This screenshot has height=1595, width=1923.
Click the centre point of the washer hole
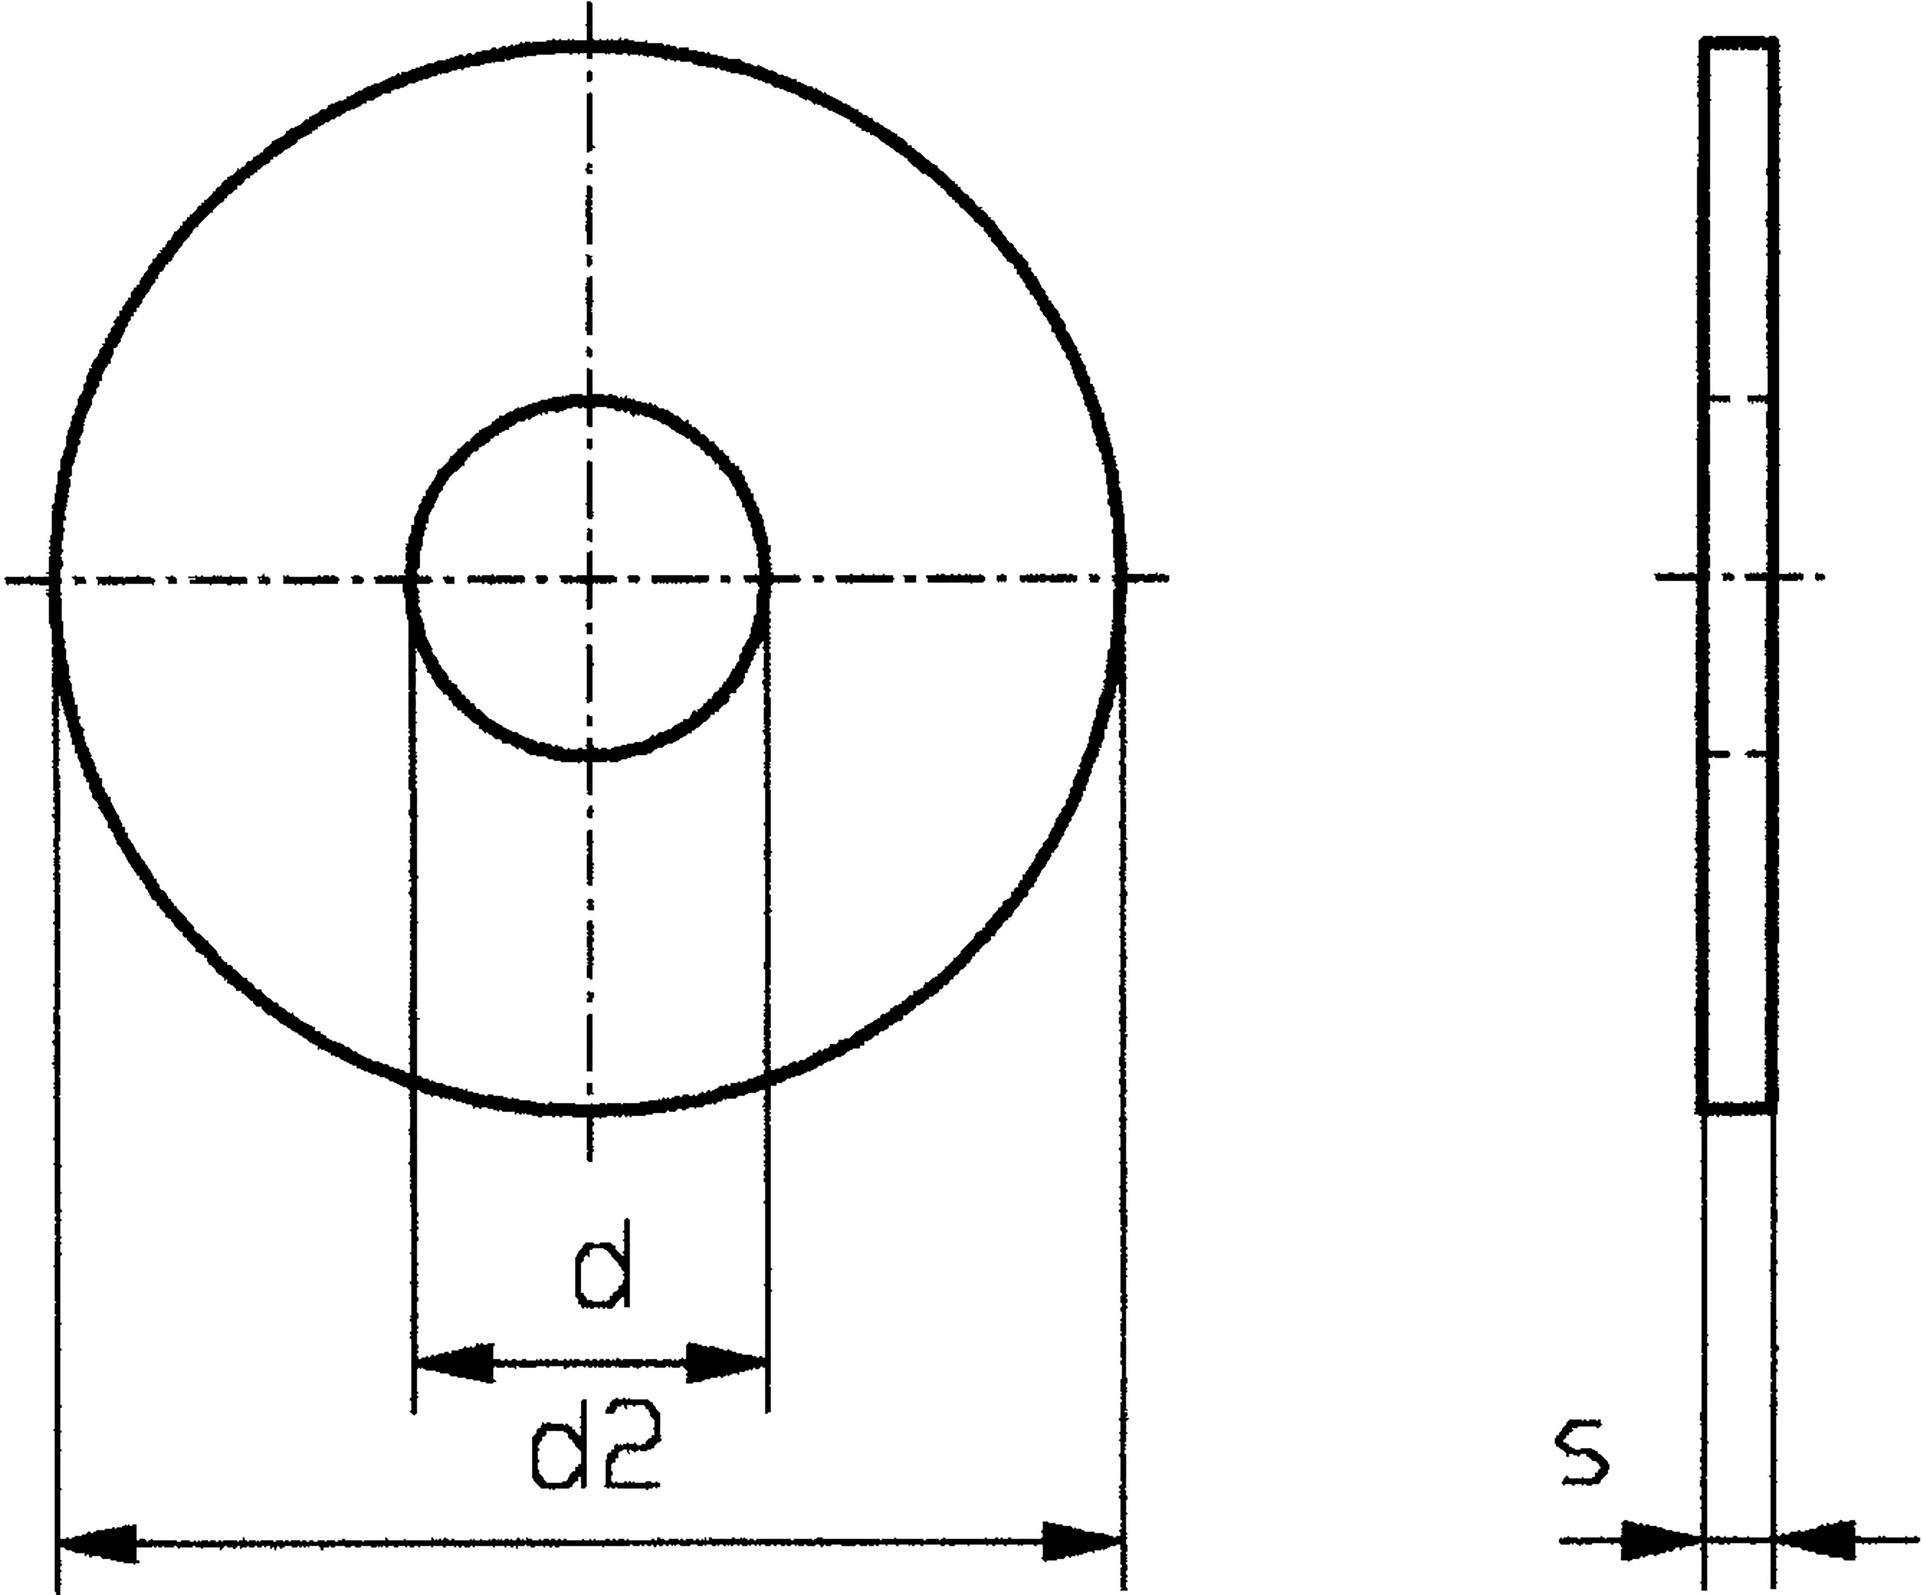pos(589,579)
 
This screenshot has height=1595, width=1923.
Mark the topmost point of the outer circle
pos(589,43)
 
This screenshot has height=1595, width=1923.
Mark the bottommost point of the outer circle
pos(589,1111)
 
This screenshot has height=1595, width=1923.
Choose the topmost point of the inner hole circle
pos(589,399)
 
